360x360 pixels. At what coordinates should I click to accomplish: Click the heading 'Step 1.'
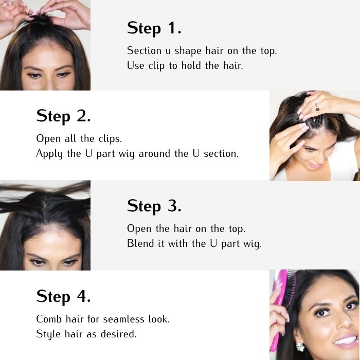[x=154, y=28]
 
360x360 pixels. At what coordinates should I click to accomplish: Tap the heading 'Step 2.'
[x=63, y=116]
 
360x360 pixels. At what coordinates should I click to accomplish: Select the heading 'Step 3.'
[x=154, y=206]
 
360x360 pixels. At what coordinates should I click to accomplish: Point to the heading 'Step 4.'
[x=63, y=296]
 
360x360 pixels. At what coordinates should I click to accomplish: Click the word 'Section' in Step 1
[x=144, y=50]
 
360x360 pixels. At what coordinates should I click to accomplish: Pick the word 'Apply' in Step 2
[x=49, y=154]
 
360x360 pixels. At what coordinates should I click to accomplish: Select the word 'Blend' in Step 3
[x=140, y=243]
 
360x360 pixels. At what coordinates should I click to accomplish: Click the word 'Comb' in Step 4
[x=49, y=319]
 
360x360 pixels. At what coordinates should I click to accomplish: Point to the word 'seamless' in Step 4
[x=123, y=319]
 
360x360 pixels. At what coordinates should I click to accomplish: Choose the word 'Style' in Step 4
[x=48, y=334]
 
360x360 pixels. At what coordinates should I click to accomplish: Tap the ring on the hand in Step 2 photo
[x=317, y=107]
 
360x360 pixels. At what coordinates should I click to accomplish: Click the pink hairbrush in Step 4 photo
[x=282, y=310]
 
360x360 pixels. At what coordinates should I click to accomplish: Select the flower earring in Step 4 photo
[x=300, y=347]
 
